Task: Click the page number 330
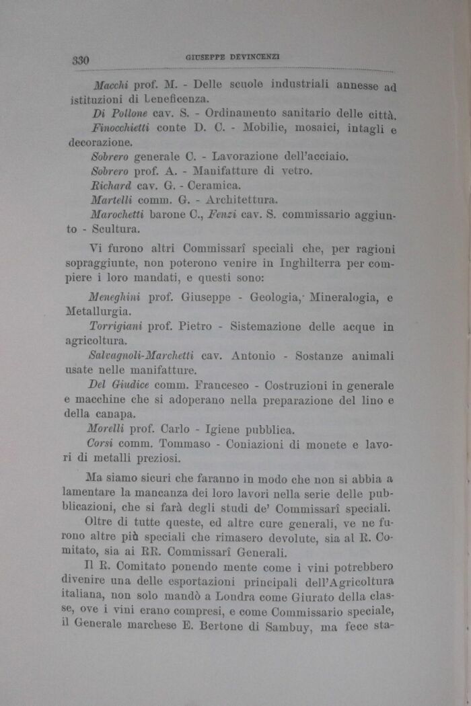click(81, 60)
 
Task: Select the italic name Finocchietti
click(122, 127)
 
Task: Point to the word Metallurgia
click(100, 311)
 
